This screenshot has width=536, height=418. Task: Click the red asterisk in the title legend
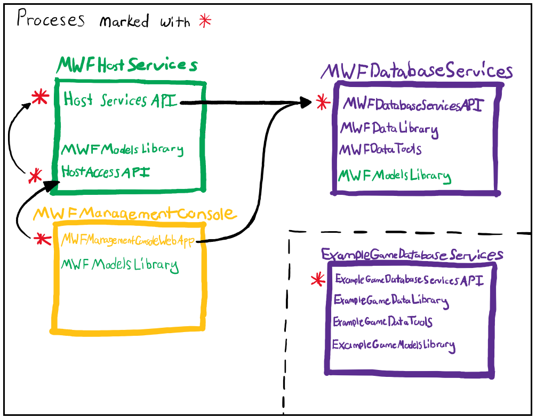pos(205,21)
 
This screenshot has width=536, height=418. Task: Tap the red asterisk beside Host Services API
pos(41,97)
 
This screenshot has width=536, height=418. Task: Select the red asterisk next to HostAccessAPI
pos(35,176)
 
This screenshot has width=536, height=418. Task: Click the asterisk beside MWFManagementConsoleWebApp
pos(43,239)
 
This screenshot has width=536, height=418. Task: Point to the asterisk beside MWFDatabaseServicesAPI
pos(323,102)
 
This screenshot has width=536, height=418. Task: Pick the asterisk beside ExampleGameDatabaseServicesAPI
pos(318,280)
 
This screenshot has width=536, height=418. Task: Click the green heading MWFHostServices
pos(127,65)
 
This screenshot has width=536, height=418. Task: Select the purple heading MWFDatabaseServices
pos(417,71)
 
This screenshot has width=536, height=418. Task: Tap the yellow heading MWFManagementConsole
pos(134,214)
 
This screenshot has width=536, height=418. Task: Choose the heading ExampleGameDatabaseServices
pos(412,255)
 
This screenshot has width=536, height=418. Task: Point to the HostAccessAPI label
pos(105,172)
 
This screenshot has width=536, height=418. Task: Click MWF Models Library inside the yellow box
pos(119,265)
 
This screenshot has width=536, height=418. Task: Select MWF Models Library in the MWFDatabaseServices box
pos(395,176)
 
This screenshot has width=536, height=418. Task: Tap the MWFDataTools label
pos(380,149)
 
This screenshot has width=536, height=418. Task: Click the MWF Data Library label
pos(389,129)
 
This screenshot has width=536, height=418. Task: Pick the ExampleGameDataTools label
pos(382,321)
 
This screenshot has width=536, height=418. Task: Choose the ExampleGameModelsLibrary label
pos(394,345)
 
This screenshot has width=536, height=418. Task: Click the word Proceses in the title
pos(51,18)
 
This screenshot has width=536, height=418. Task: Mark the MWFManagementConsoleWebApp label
pos(128,240)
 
